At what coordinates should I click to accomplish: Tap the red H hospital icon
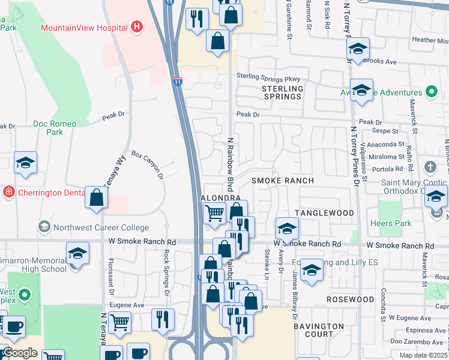137,27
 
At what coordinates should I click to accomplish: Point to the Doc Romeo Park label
55,128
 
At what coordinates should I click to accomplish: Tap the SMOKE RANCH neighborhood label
282,181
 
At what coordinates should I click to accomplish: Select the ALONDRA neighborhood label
220,197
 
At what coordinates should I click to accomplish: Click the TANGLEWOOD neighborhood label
325,214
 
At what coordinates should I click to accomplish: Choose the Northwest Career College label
100,227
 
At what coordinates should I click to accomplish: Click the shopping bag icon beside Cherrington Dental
97,197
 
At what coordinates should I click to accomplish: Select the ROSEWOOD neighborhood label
350,299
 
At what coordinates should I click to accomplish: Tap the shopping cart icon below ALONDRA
214,212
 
